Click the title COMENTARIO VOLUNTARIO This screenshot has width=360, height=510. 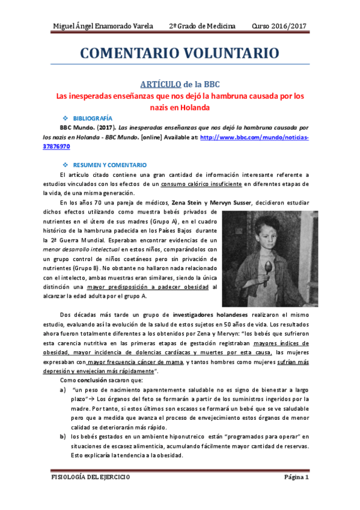tap(180, 53)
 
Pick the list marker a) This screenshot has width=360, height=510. tap(63, 390)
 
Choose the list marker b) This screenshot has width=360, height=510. tap(63, 436)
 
